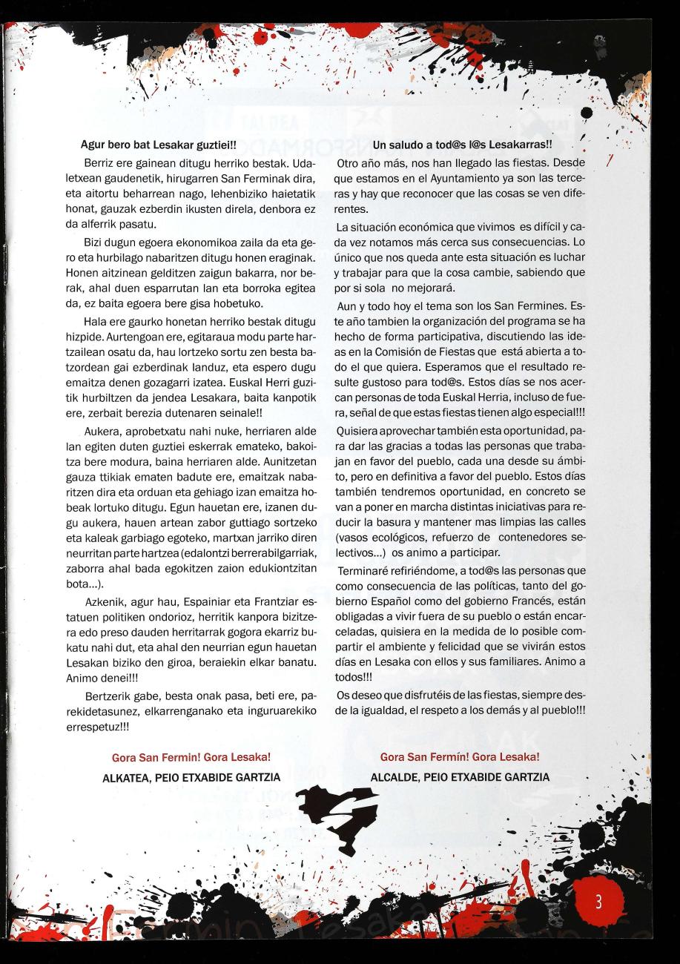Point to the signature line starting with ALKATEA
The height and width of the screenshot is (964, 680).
[x=191, y=777]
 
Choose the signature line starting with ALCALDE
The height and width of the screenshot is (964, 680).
[x=460, y=777]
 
